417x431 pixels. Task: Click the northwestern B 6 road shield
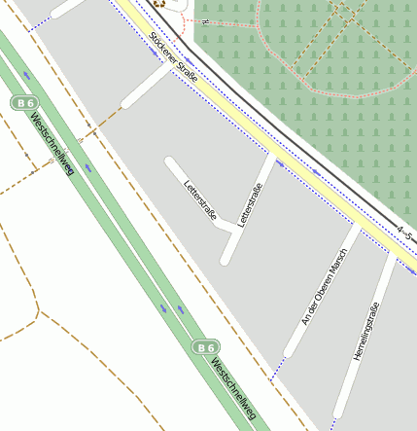pos(24,102)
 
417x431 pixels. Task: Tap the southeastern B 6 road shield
pos(204,346)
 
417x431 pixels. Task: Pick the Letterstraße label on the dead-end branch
pos(199,199)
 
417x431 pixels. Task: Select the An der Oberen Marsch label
pos(325,293)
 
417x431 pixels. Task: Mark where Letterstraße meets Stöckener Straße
pos(274,155)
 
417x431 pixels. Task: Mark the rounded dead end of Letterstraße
pos(170,162)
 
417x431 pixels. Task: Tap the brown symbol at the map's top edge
pos(158,4)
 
